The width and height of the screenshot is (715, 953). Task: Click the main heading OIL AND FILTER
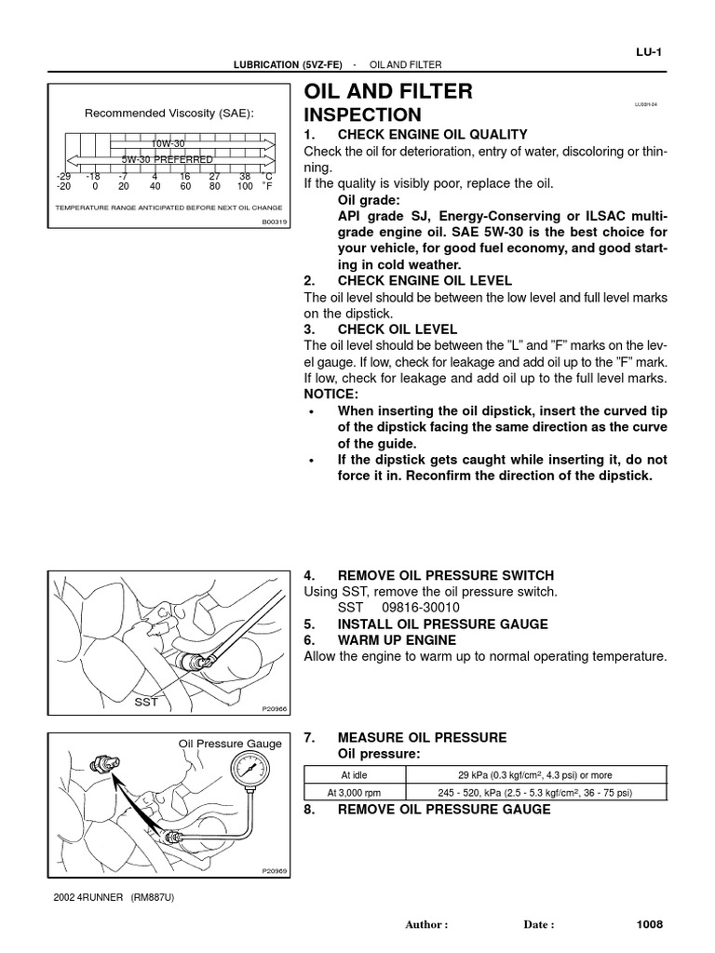tap(388, 91)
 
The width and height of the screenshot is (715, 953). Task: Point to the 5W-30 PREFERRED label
tap(168, 160)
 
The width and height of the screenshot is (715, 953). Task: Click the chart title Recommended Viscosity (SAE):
tap(169, 114)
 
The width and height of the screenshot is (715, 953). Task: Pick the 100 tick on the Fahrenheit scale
tap(245, 186)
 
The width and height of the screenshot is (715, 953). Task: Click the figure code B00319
tap(275, 221)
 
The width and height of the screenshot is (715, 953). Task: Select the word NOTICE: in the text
tap(331, 395)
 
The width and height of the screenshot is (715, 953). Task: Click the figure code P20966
tap(275, 709)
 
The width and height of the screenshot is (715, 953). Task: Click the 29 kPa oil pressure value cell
tap(534, 774)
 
